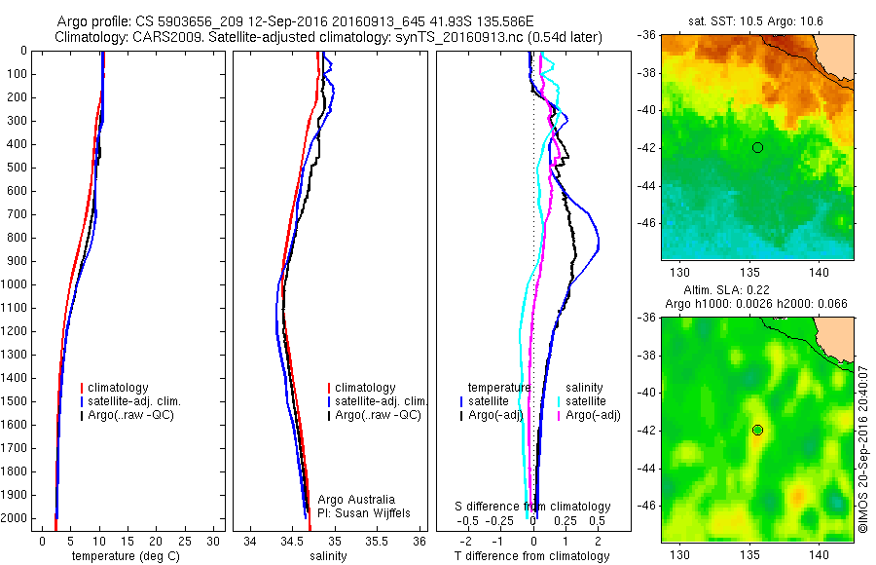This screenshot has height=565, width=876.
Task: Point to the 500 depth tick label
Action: (x=16, y=168)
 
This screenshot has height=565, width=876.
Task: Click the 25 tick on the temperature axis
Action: (x=185, y=541)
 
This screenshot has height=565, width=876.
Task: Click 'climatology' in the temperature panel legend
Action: (x=121, y=388)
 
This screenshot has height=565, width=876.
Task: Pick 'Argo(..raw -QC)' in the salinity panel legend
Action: (x=378, y=415)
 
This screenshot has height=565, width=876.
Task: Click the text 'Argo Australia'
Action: (x=356, y=500)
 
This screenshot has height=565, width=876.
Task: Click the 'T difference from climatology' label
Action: (x=531, y=556)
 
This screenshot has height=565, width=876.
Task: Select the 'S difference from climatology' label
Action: (x=533, y=507)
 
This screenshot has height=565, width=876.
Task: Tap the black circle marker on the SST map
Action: (x=757, y=147)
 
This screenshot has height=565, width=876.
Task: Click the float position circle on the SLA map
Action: (x=757, y=430)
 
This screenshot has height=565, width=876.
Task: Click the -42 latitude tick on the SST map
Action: (x=647, y=148)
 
